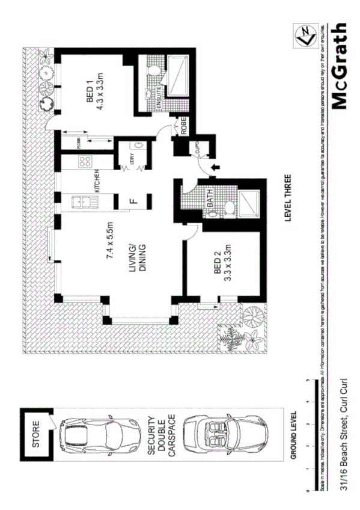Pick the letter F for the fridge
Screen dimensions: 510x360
(133, 201)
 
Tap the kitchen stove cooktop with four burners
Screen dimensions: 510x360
(84, 162)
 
